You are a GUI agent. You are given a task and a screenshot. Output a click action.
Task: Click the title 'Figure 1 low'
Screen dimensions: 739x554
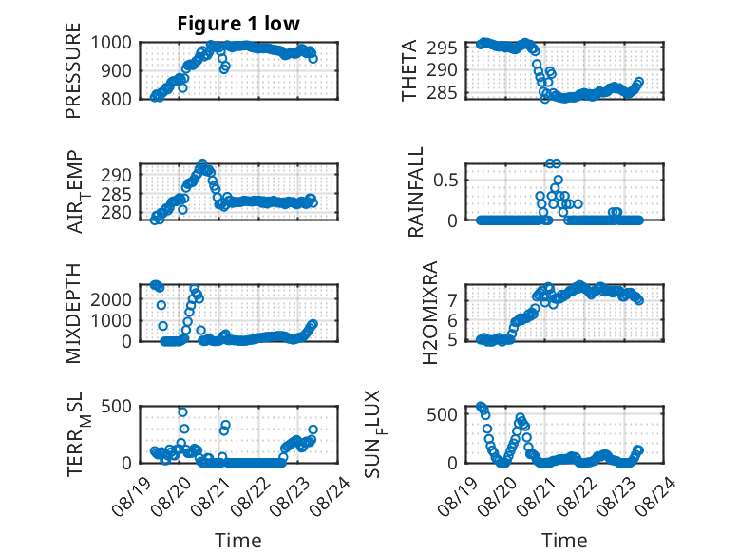click(x=238, y=24)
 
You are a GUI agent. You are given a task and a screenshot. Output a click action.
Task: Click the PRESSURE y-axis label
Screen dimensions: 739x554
click(x=73, y=70)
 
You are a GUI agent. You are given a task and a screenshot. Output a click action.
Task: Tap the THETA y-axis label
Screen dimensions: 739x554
click(x=409, y=70)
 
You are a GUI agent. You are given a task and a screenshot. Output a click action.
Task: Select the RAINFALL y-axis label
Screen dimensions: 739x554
click(x=416, y=192)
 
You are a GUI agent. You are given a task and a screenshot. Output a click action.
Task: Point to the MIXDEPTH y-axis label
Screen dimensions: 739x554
click(x=73, y=314)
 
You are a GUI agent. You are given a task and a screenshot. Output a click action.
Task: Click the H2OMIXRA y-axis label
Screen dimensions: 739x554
click(x=430, y=313)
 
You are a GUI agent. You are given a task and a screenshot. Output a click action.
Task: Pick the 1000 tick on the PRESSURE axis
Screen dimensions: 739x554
click(x=111, y=43)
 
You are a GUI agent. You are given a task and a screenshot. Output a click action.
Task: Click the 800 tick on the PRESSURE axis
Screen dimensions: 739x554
click(x=116, y=99)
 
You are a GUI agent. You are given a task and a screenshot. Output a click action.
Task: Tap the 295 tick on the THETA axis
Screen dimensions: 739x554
click(x=442, y=48)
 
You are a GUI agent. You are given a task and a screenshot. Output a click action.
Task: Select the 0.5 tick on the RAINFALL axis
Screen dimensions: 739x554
click(x=445, y=181)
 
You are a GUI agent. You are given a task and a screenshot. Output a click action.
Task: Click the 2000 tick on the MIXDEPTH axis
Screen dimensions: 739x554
click(x=111, y=299)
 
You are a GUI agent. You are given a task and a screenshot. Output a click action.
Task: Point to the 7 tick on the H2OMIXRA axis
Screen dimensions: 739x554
click(x=453, y=300)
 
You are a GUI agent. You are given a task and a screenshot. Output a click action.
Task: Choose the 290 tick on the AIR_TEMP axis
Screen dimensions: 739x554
click(x=116, y=175)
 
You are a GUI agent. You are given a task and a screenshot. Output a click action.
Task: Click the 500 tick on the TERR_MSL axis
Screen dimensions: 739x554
click(x=116, y=406)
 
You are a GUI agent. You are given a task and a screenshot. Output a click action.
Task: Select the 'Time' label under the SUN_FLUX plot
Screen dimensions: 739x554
click(x=564, y=540)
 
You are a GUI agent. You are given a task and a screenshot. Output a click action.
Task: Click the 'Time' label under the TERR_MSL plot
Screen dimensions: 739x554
click(x=238, y=540)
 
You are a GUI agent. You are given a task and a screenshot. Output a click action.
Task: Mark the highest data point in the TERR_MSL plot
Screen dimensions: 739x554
click(x=183, y=412)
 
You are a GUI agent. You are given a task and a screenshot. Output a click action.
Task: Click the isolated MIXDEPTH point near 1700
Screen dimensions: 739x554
click(x=161, y=305)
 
